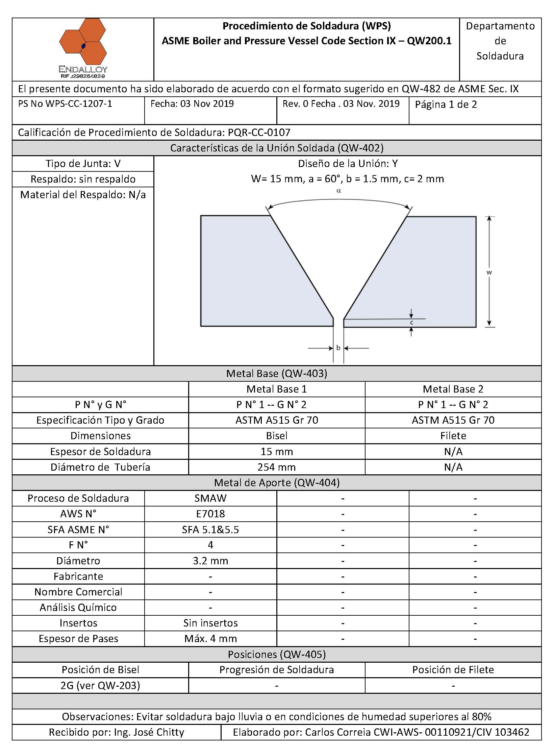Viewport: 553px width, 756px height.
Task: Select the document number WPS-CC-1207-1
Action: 78,104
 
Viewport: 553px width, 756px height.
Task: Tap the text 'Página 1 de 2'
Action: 446,105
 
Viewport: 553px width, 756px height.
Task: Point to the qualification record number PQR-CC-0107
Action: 259,133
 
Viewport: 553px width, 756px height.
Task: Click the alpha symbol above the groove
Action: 339,191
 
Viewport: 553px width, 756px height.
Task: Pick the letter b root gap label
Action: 338,348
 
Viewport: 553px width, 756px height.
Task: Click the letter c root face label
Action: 411,323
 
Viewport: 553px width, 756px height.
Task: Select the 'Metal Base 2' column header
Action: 453,389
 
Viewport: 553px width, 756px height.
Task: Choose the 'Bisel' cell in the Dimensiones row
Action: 276,435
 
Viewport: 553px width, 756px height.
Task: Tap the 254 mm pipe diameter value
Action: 276,467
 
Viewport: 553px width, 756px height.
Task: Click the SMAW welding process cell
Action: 210,498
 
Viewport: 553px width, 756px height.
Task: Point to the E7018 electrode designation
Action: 210,514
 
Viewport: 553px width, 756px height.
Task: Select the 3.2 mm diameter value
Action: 210,561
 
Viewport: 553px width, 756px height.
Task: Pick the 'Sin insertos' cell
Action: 210,623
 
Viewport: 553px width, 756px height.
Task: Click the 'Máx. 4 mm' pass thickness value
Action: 210,638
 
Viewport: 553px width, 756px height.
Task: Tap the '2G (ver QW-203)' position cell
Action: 100,685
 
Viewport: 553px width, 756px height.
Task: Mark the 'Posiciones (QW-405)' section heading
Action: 276,654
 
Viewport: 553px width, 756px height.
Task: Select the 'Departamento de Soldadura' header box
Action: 500,41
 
